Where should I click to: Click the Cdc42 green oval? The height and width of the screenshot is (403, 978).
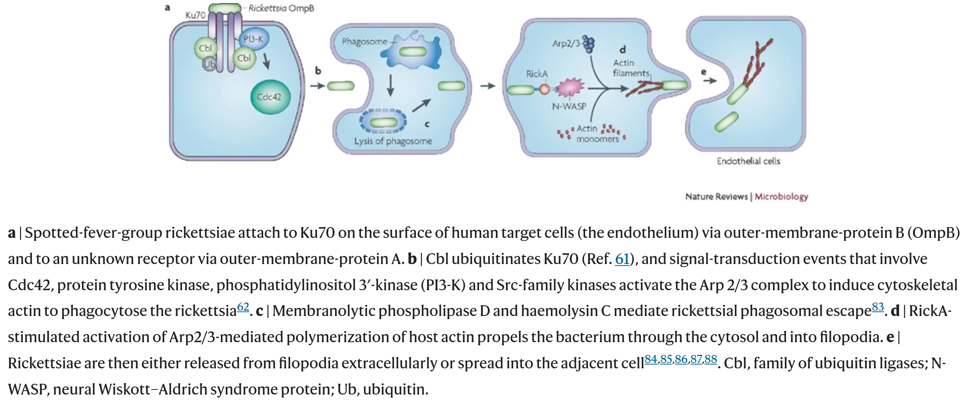click(x=270, y=97)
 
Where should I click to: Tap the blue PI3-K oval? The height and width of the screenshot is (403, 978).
click(x=253, y=39)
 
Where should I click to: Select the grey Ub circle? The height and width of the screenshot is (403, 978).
click(x=210, y=64)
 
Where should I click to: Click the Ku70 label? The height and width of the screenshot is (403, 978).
click(x=195, y=15)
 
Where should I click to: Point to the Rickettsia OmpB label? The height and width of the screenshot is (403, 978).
click(x=281, y=8)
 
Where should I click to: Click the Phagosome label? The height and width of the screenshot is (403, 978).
click(x=364, y=41)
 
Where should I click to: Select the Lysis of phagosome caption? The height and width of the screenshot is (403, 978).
click(x=393, y=141)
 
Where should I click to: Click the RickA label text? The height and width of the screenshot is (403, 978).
click(x=537, y=74)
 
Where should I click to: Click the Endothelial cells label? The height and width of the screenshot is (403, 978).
click(x=748, y=161)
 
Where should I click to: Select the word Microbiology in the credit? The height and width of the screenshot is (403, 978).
click(x=781, y=197)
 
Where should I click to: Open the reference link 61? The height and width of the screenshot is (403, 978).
click(x=622, y=259)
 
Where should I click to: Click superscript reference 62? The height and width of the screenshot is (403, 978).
click(x=243, y=307)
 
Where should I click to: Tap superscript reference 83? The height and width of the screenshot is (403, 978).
click(x=878, y=307)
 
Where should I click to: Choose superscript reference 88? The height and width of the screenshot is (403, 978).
click(x=711, y=360)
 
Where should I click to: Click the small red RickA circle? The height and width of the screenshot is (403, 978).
click(x=544, y=89)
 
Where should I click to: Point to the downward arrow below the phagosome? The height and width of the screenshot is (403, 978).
click(x=391, y=85)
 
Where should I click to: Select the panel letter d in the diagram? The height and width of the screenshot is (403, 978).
click(x=623, y=50)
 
